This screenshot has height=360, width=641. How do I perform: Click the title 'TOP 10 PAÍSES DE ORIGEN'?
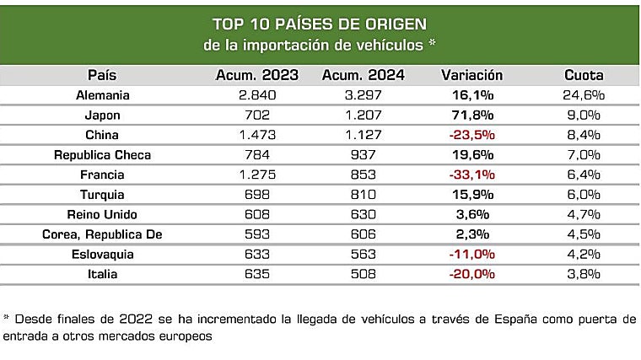pos(320,23)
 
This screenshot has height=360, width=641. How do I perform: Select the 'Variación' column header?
pos(471,75)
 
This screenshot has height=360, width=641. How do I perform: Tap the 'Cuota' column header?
pos(584,75)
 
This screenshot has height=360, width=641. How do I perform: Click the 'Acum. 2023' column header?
pos(257,75)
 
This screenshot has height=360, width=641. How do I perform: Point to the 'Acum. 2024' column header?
pos(364,75)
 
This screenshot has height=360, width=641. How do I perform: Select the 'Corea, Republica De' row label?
pos(102,234)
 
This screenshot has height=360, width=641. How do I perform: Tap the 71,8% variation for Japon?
pos(471,116)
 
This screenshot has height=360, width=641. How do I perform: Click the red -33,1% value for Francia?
pos(471,175)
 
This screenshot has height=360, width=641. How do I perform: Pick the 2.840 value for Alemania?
pos(257,95)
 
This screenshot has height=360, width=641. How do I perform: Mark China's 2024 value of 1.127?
pos(364,135)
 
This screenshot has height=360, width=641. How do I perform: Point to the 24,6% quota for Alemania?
pos(584,95)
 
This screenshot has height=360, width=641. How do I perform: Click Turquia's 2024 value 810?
pos(364,195)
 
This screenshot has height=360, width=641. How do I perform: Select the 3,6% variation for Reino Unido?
pos(471,214)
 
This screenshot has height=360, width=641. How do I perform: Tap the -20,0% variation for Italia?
pos(471,274)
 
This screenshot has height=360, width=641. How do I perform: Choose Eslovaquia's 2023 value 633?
pos(257,254)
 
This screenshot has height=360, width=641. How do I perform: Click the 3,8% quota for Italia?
pos(584,274)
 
